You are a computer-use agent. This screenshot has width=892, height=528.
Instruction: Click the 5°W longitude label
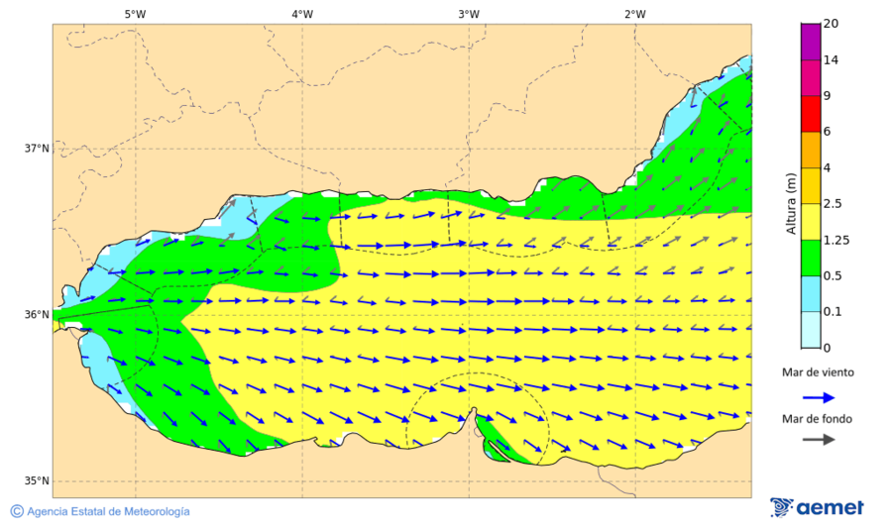[x=135, y=14]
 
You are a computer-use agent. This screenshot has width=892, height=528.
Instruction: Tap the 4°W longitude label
[x=302, y=14]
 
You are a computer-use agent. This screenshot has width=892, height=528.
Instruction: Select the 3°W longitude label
[x=469, y=14]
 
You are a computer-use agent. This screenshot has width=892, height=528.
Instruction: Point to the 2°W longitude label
[x=635, y=14]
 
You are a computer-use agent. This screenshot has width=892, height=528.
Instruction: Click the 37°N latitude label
[x=36, y=149]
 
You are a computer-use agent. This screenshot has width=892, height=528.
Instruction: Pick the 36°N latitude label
[x=36, y=315]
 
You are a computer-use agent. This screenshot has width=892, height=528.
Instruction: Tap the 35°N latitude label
[x=36, y=481]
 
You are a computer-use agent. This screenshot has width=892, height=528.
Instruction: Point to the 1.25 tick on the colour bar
[x=837, y=240]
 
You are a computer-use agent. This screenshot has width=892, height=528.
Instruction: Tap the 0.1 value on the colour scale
[x=834, y=312]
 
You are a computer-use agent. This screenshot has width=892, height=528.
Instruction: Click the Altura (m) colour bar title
[x=791, y=203]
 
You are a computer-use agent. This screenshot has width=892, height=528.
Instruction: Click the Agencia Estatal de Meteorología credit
[x=108, y=511]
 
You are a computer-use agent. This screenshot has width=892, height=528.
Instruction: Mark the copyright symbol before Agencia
[x=17, y=511]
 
